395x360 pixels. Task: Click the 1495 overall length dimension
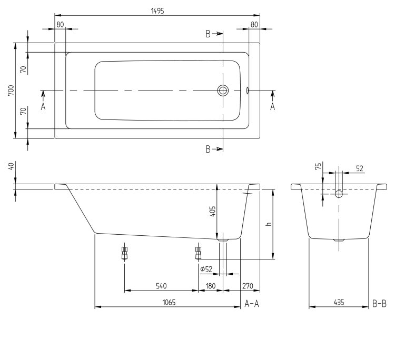point(157,11)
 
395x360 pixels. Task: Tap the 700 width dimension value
point(11,91)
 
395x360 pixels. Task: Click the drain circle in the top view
point(223,91)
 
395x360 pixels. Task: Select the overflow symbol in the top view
point(248,91)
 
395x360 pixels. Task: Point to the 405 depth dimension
point(213,212)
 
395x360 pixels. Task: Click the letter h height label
point(269,224)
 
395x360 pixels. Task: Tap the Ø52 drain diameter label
point(206,269)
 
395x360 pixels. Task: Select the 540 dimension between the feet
point(161,286)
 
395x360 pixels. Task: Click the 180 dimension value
point(211,286)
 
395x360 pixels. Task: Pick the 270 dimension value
point(248,286)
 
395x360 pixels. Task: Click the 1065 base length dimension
point(169,302)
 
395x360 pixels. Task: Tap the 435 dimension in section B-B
point(339,302)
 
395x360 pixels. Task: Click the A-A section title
point(252,304)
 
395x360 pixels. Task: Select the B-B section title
point(379,304)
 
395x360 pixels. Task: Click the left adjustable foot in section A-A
point(124,253)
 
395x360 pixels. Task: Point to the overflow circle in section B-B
point(339,194)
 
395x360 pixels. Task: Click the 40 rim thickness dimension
point(11,166)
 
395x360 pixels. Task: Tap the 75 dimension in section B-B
point(319,166)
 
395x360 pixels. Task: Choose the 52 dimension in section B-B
point(360,168)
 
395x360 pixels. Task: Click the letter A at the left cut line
point(43,107)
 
